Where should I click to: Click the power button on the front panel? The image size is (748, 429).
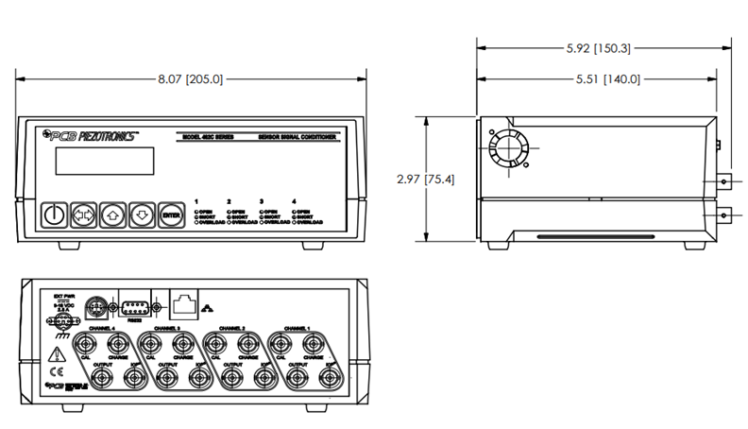[55, 215]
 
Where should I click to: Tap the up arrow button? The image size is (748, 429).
[112, 215]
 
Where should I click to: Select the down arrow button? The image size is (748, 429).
[142, 215]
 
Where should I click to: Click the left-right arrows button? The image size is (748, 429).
[83, 215]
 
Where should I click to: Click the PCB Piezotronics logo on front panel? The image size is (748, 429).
[91, 135]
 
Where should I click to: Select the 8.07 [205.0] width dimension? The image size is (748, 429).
[191, 79]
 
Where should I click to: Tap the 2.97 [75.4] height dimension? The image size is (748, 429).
[428, 180]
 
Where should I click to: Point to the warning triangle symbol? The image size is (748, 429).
[56, 356]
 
